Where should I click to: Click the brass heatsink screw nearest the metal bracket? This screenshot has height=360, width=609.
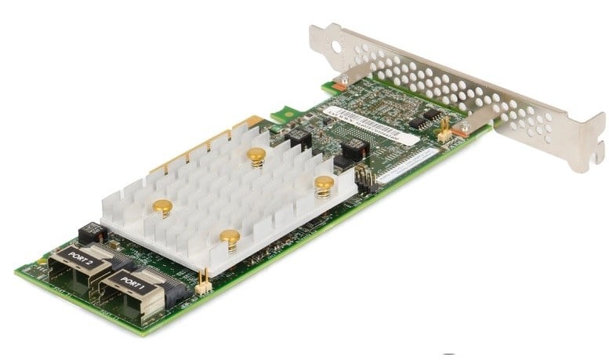pos(324,185)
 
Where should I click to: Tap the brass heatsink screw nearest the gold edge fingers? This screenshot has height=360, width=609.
pos(256,155)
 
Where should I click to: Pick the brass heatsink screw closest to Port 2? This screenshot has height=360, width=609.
pos(162,208)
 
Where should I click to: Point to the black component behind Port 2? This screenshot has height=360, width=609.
pos(92,233)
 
